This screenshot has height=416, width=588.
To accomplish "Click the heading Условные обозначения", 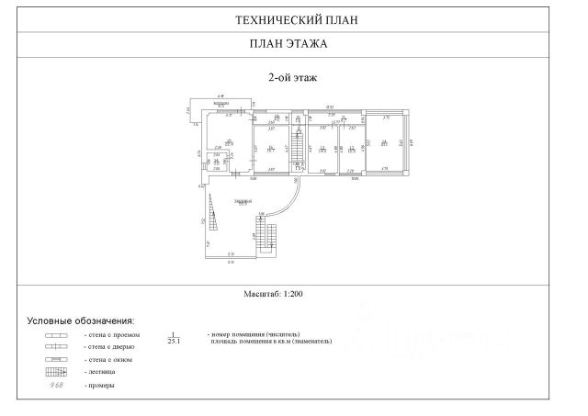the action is coord(80,320).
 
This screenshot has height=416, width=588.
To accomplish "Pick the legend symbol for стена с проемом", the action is coord(57,336).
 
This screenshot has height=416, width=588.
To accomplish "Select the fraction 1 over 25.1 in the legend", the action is coord(173,338).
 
